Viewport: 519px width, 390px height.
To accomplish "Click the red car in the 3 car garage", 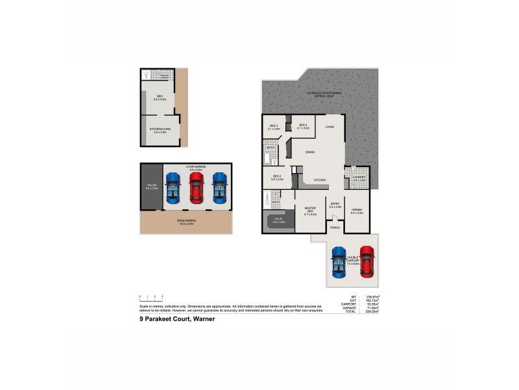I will [x=196, y=188].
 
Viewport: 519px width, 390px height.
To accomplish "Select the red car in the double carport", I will [x=367, y=262].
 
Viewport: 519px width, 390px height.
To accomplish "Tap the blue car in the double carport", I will [x=339, y=263].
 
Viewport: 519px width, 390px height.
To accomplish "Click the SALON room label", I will [x=152, y=187].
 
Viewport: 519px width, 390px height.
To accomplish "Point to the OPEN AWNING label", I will [x=186, y=222].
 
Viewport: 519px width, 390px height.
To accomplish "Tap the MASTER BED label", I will [x=310, y=210].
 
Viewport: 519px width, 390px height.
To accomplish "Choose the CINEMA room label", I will [x=357, y=210].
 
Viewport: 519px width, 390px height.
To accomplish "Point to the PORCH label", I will [x=335, y=228].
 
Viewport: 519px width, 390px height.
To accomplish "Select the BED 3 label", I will [x=273, y=127].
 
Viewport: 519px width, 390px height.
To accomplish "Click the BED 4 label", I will [x=303, y=127].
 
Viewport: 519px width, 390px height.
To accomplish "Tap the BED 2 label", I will [x=276, y=177].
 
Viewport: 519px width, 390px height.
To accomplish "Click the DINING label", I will [x=310, y=152].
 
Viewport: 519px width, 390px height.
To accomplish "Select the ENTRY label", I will [x=335, y=205].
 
